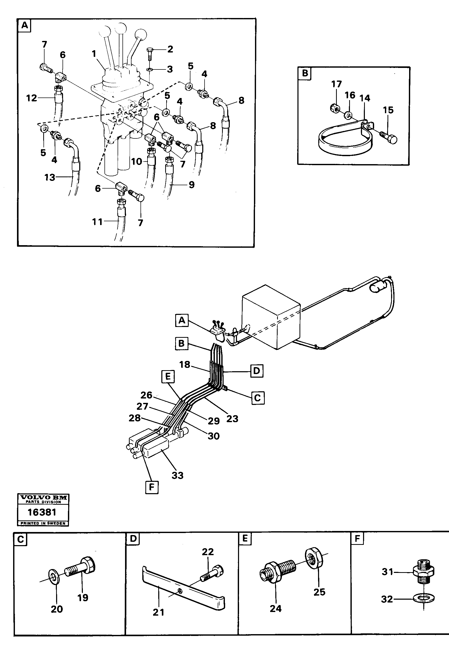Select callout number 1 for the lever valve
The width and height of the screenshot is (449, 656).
click(94, 54)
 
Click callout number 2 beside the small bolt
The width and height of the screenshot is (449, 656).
click(170, 49)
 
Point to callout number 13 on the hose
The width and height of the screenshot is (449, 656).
click(49, 177)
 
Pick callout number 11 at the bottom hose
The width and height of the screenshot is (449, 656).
click(98, 222)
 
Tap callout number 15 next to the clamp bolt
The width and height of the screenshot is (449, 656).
click(388, 110)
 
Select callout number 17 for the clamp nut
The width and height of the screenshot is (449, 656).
click(336, 84)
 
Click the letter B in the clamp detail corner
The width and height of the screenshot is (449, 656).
click(305, 73)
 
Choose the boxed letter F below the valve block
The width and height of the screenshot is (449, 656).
click(152, 487)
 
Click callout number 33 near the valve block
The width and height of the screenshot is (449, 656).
click(178, 475)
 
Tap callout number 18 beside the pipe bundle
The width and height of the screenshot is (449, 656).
click(185, 365)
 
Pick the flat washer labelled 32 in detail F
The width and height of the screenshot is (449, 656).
click(424, 598)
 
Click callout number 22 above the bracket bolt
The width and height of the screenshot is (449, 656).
click(208, 552)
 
